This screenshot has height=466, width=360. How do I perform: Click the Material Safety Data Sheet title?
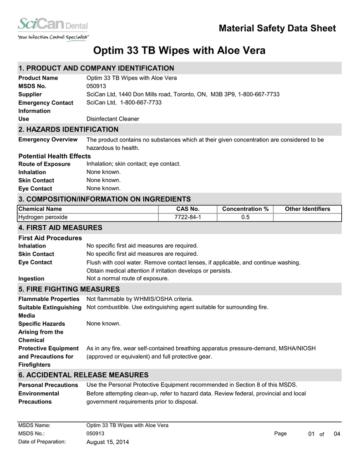pyautogui.click(x=277, y=29)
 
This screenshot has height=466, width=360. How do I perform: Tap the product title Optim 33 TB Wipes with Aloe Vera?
pyautogui.click(x=179, y=51)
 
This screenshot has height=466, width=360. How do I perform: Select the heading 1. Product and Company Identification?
pyautogui.click(x=96, y=68)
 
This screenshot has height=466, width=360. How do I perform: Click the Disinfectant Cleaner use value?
pyautogui.click(x=113, y=119)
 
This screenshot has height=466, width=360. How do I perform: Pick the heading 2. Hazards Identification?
pyautogui.click(x=68, y=130)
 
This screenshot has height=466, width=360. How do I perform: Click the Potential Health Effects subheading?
pyautogui.click(x=55, y=156)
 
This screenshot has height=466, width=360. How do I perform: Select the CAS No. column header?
pyautogui.click(x=188, y=209)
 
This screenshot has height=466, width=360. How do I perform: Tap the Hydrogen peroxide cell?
pyautogui.click(x=43, y=217)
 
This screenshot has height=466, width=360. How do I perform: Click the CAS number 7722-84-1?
pyautogui.click(x=188, y=217)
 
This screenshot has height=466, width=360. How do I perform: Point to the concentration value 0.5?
pyautogui.click(x=245, y=217)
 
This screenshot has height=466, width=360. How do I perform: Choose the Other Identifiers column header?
pyautogui.click(x=307, y=209)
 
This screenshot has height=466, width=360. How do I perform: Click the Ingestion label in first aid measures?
pyautogui.click(x=31, y=279)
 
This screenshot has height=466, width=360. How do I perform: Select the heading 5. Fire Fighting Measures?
pyautogui.click(x=69, y=289)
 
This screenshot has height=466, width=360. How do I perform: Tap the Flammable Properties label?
pyautogui.click(x=49, y=299)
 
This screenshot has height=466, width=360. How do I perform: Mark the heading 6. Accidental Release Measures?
pyautogui.click(x=83, y=375)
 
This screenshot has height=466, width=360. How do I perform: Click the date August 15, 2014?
pyautogui.click(x=107, y=442)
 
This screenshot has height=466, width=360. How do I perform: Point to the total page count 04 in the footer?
pyautogui.click(x=337, y=434)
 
